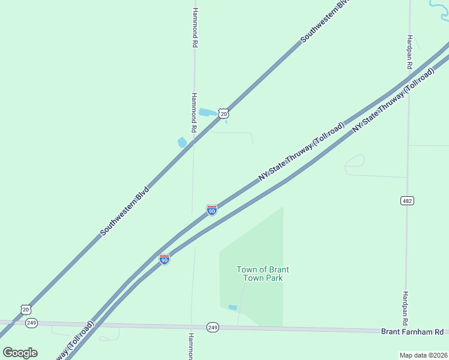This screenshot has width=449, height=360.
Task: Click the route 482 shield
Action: coord(408,200)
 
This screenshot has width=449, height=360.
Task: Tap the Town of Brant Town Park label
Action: coord(259,274)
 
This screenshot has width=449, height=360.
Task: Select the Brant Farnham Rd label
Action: coord(412,332)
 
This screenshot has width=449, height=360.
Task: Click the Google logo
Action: coord(20,352)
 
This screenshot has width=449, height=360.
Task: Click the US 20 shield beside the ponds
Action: coord(223,113)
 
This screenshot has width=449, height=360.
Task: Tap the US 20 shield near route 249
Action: coord(25,310)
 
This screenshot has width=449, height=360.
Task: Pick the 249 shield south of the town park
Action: coord(212,327)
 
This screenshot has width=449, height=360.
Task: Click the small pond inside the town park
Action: coord(233,308)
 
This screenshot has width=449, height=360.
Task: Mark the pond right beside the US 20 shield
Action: coord(207,112)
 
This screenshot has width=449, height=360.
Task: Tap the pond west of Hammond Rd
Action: coord(182,142)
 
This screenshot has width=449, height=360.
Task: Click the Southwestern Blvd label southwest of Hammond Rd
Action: coord(124,210)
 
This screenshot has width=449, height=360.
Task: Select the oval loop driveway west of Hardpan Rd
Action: coord(354,163)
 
